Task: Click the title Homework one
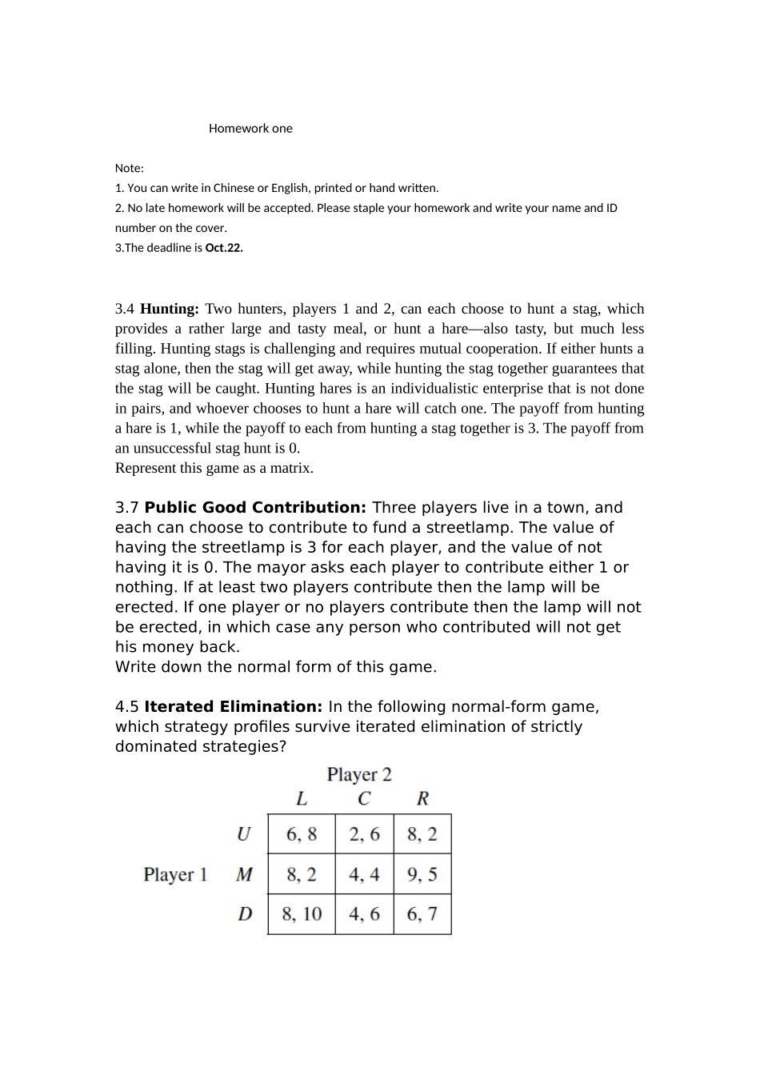(x=250, y=129)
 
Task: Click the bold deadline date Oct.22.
(x=224, y=248)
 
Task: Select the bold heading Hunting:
(x=170, y=309)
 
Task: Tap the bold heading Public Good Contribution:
(x=255, y=508)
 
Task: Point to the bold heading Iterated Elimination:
(x=233, y=707)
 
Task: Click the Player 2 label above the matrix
(x=359, y=774)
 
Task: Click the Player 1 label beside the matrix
(x=175, y=874)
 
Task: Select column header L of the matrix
(x=302, y=798)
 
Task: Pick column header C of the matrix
(x=364, y=798)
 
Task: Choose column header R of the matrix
(x=422, y=798)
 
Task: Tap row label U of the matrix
(x=244, y=834)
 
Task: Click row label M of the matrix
(x=244, y=874)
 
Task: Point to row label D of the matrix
(x=245, y=913)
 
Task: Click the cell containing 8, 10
(x=302, y=913)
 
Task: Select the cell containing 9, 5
(x=422, y=874)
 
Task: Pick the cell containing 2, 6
(x=364, y=834)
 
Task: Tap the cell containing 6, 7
(x=422, y=913)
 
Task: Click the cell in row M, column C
(x=364, y=874)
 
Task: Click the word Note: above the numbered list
(x=130, y=169)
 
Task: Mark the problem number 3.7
(x=127, y=508)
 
